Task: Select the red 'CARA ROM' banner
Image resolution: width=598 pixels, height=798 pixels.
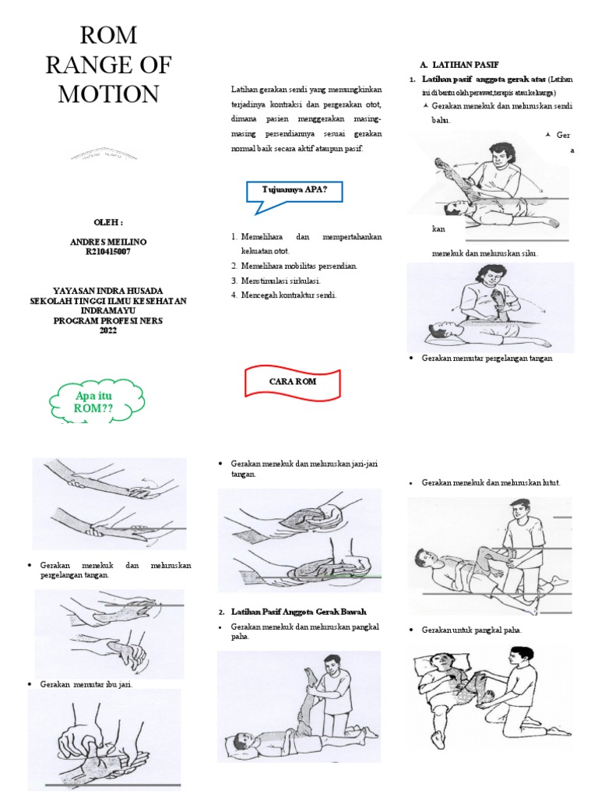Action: [x=293, y=382]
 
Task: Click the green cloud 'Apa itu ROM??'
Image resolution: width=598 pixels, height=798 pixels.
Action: [x=94, y=402]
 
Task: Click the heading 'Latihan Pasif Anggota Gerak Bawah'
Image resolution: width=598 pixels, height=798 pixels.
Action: [x=299, y=610]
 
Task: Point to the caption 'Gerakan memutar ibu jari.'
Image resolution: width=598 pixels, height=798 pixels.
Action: [x=91, y=683]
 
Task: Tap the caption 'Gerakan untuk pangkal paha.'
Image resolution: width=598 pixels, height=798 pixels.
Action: [x=471, y=630]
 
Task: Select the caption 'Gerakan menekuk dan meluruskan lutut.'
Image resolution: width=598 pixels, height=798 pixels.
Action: [x=491, y=482]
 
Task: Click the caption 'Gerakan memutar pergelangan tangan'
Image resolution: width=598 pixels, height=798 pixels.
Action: [x=486, y=358]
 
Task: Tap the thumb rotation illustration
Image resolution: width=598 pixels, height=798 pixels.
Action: [x=105, y=736]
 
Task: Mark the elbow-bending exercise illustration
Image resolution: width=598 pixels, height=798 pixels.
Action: [x=490, y=307]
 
